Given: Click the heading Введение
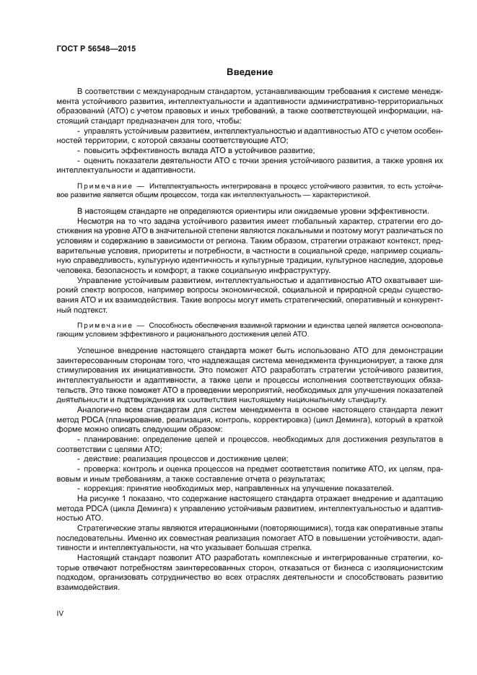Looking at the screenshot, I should click(x=249, y=72).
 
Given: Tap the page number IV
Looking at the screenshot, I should click(x=60, y=612).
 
